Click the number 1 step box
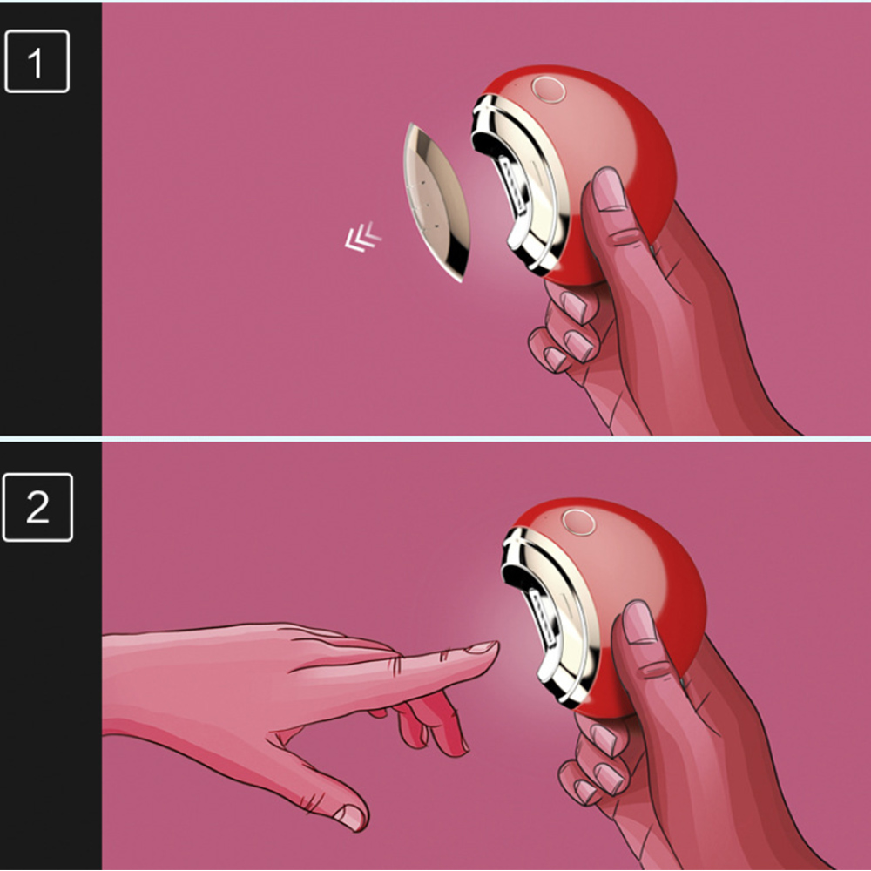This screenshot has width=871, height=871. [37, 61]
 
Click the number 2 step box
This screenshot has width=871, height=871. [37, 507]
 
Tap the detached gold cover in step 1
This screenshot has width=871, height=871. [435, 201]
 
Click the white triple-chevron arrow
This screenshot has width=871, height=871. [362, 237]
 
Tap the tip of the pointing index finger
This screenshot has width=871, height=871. [496, 645]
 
